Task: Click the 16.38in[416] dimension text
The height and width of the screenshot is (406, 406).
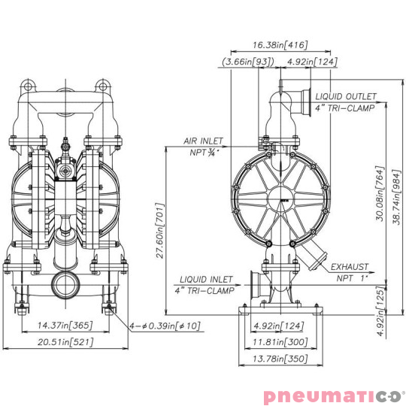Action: point(280,45)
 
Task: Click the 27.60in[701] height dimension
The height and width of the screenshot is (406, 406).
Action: point(159,232)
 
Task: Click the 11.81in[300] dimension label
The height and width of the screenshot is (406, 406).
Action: point(280,343)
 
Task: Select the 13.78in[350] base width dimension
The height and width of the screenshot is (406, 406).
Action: point(280,360)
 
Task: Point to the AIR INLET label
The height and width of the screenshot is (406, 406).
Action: point(203,141)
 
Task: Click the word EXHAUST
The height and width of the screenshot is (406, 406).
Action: point(350,267)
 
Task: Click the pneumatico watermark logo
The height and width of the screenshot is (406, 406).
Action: point(333,394)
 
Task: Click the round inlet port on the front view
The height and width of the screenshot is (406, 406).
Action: point(63,284)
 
